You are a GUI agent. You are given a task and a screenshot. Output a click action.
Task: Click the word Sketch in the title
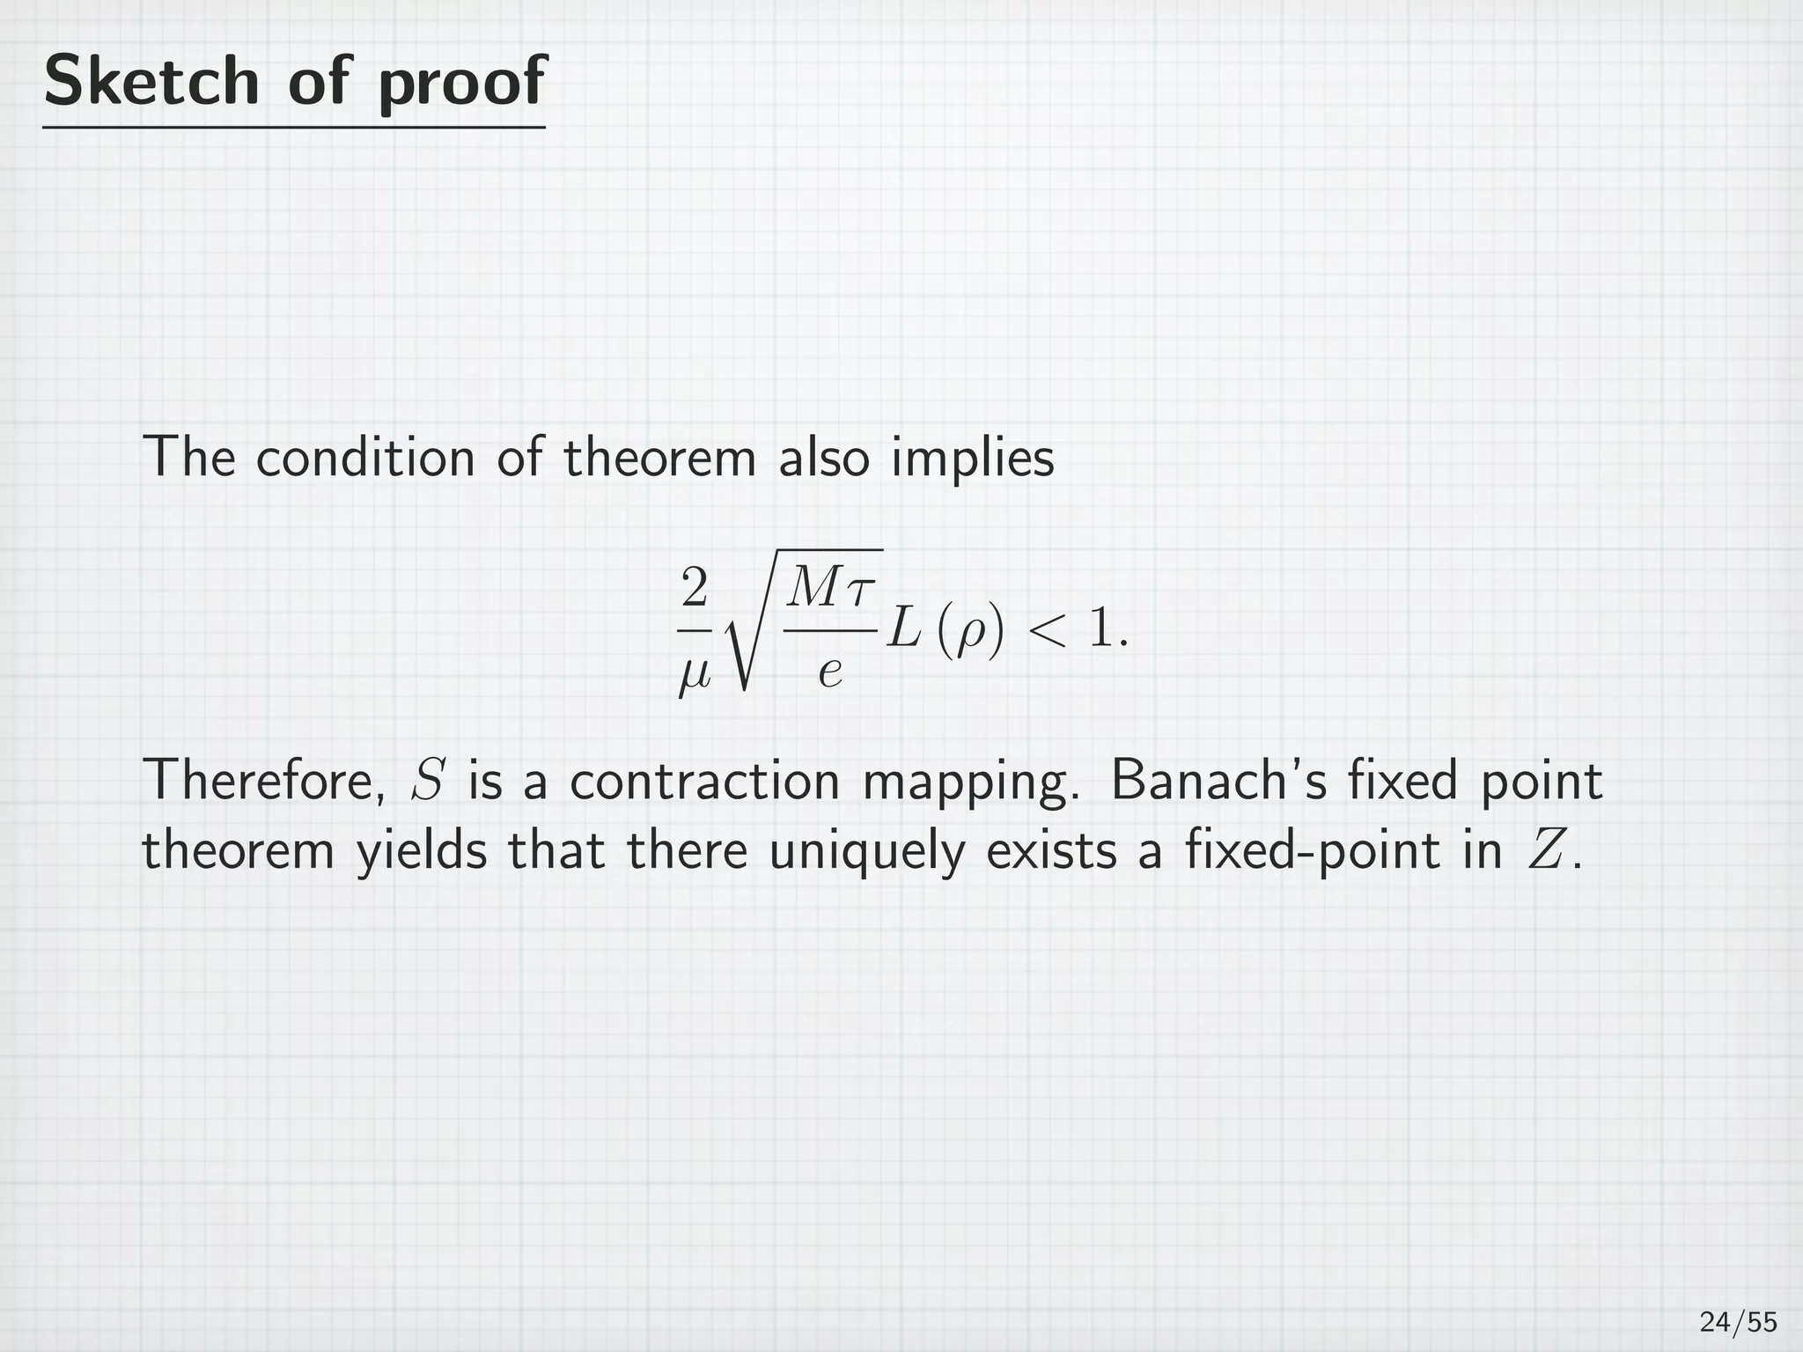[151, 80]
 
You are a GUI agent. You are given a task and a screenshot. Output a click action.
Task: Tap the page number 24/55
[1738, 1322]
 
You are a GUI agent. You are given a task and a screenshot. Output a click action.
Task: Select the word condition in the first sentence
[365, 458]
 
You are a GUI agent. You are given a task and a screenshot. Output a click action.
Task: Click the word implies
[972, 459]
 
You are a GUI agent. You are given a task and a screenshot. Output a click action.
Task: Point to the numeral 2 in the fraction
[694, 587]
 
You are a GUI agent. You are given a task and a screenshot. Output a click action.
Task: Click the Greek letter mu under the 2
[694, 676]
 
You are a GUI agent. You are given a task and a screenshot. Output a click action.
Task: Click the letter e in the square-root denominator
[830, 673]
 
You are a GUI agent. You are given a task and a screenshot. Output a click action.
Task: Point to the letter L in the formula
[902, 629]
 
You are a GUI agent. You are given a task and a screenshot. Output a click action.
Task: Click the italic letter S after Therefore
[427, 781]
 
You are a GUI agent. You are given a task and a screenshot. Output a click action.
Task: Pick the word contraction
[704, 781]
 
